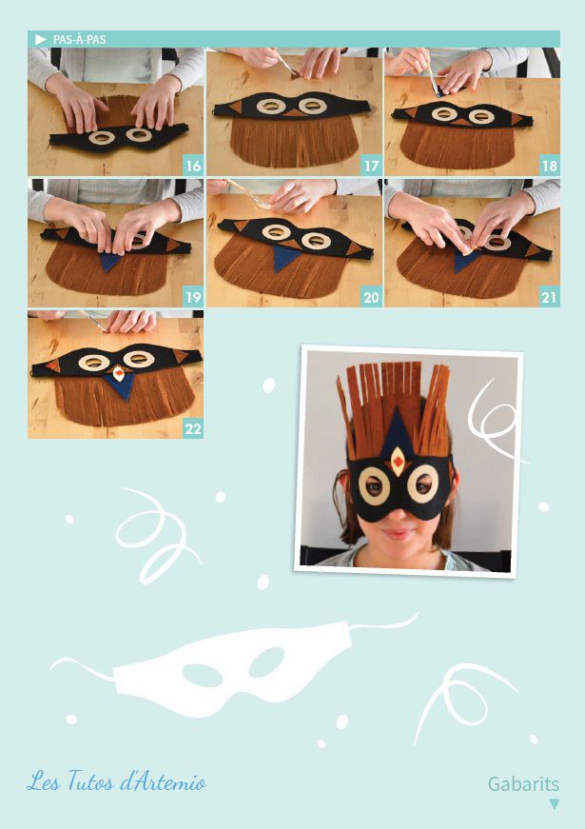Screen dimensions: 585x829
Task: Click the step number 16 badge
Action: [193, 166]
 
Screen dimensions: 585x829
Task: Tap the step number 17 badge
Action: [372, 166]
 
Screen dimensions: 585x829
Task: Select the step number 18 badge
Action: [550, 166]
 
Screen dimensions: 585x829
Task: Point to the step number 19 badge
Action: [193, 297]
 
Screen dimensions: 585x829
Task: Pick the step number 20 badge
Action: [372, 297]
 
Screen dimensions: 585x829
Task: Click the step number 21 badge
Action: [550, 297]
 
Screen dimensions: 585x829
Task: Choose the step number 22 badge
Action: [193, 428]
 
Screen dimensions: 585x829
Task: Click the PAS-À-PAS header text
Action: [79, 40]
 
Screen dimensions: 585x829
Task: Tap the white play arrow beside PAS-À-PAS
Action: [41, 40]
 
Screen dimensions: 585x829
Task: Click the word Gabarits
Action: [523, 783]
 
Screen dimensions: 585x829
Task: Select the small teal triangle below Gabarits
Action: [554, 804]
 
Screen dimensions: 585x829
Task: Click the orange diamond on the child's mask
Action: [398, 463]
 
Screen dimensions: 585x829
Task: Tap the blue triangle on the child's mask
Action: [398, 431]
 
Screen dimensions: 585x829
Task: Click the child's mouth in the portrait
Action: [398, 534]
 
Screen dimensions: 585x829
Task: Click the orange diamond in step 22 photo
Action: [120, 374]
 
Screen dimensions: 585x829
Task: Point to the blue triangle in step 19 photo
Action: [109, 262]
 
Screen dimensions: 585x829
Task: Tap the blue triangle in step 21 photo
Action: [465, 261]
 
